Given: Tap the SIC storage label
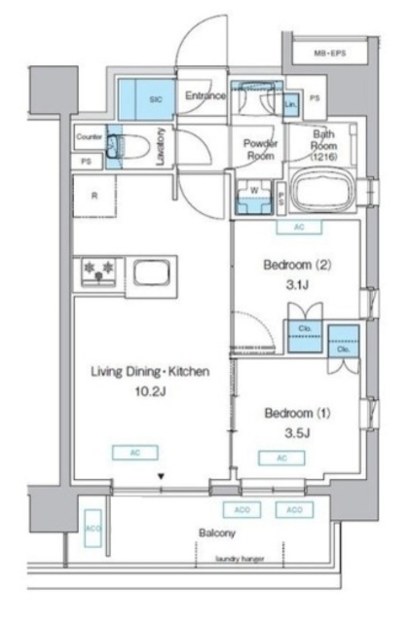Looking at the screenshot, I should click(154, 98).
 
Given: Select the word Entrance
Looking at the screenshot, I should click(205, 95).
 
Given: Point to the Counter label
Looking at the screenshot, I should click(89, 137).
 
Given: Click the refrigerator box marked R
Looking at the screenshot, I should click(94, 195).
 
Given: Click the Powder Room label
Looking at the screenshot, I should click(260, 147).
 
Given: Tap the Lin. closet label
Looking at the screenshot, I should click(290, 103).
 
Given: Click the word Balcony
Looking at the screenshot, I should click(216, 533).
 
